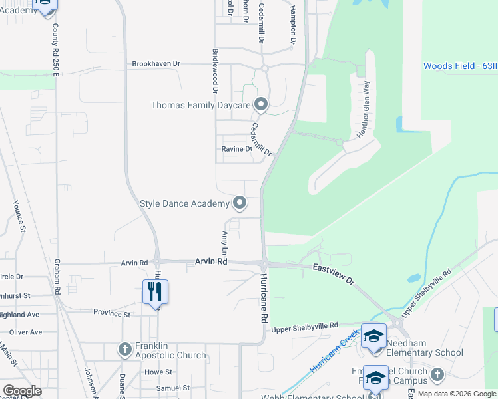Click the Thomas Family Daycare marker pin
[x=261, y=105]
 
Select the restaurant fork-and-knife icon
[x=154, y=291]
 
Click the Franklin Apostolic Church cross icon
[x=124, y=348]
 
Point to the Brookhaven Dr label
[x=156, y=64]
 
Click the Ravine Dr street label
[x=236, y=149]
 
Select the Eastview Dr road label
[x=334, y=273]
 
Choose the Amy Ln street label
[x=224, y=243]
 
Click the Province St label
[x=112, y=313]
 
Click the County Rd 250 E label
[x=56, y=47]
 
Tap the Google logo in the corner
[x=21, y=391]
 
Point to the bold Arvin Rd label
[x=211, y=262]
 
